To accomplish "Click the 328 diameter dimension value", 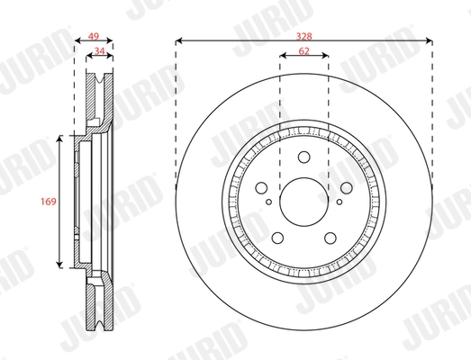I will (305, 34).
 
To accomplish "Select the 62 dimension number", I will (304, 53).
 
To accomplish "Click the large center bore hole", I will (304, 201).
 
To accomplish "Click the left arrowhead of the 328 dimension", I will (179, 40).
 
